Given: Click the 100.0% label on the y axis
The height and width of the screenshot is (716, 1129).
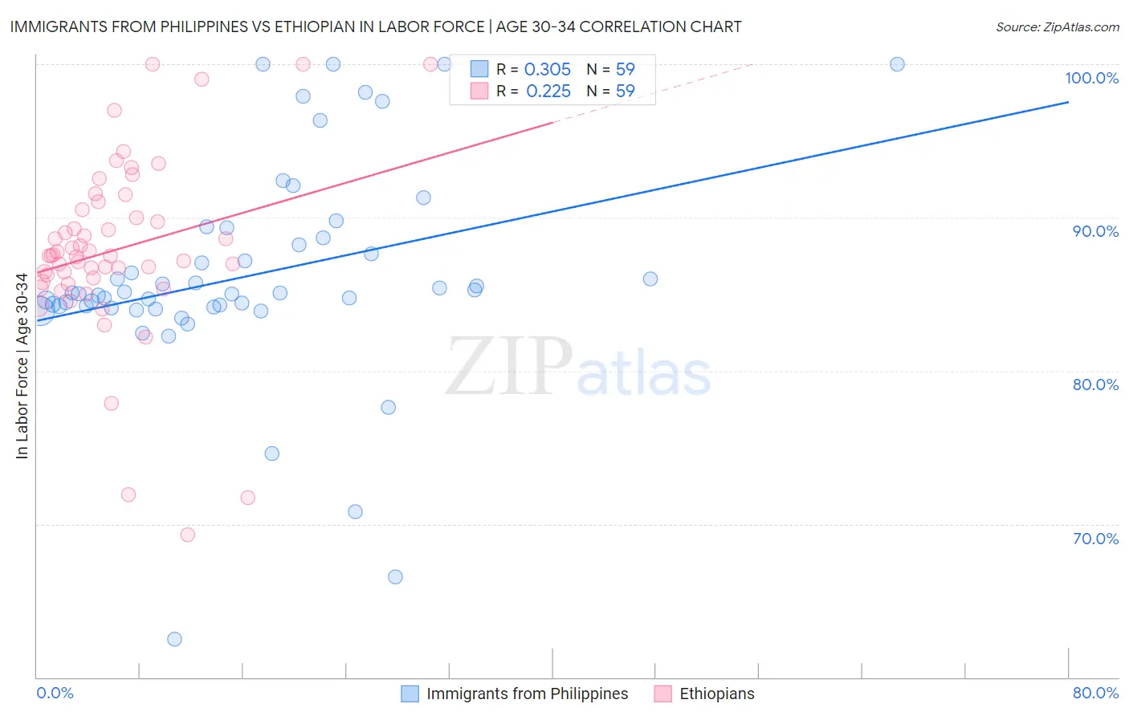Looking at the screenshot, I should coord(1091,78).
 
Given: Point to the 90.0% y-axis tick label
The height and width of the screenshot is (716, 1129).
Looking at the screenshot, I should coord(1095,231).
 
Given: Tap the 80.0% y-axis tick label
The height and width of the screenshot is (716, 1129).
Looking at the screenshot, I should coord(1095,384).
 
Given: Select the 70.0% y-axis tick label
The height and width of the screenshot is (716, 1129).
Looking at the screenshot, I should coord(1095,539).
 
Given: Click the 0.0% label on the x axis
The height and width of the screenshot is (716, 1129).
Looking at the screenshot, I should coord(55,693).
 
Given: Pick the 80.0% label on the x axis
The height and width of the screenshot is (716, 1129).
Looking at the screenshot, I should coord(1095,693).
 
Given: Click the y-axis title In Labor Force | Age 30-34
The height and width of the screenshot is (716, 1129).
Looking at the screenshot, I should coord(22,366).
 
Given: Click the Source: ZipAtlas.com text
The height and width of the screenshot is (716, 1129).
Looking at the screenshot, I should coord(1057,27).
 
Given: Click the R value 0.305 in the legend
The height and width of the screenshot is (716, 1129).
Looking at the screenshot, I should coord(547,70).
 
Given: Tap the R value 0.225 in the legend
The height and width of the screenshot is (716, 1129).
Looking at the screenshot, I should coord(548,92).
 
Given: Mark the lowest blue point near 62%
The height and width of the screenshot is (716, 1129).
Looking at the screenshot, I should coord(174,639).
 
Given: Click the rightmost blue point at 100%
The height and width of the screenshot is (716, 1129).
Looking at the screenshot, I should coord(897,64).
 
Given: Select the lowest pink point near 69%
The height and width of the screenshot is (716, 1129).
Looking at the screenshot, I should coord(187,535).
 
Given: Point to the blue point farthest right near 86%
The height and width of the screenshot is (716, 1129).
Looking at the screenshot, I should coord(650,279).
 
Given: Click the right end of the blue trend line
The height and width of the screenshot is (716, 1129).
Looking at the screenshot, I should coord(1068,102).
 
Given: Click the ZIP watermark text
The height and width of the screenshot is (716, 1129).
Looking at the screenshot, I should coord(509,367).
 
